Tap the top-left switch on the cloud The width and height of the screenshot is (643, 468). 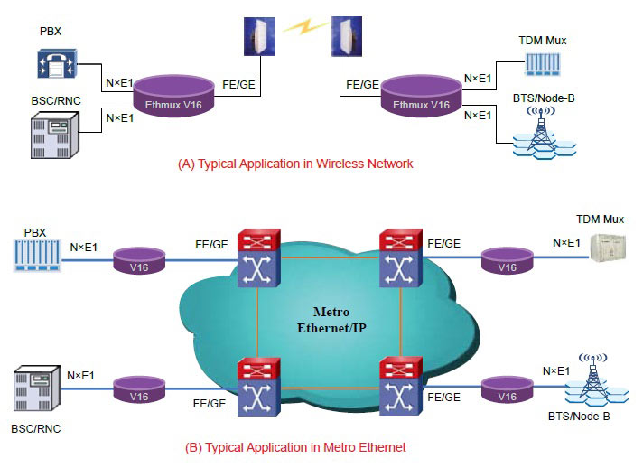256,258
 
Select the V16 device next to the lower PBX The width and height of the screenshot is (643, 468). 138,261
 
